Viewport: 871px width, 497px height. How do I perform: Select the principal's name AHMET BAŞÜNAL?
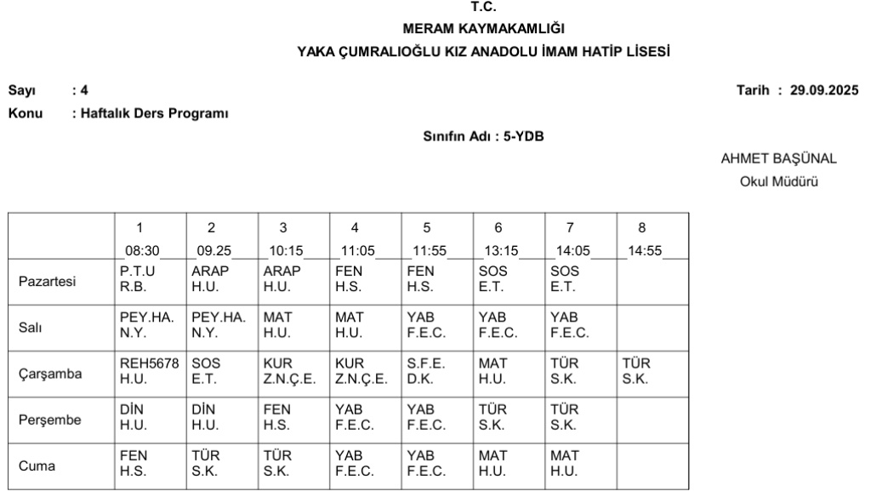point(778,159)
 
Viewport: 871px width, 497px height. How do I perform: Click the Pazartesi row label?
point(46,280)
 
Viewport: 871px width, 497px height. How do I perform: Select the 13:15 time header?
point(498,251)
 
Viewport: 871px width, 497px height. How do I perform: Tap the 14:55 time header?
point(641,251)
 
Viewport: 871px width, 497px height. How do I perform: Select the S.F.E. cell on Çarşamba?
point(424,370)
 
